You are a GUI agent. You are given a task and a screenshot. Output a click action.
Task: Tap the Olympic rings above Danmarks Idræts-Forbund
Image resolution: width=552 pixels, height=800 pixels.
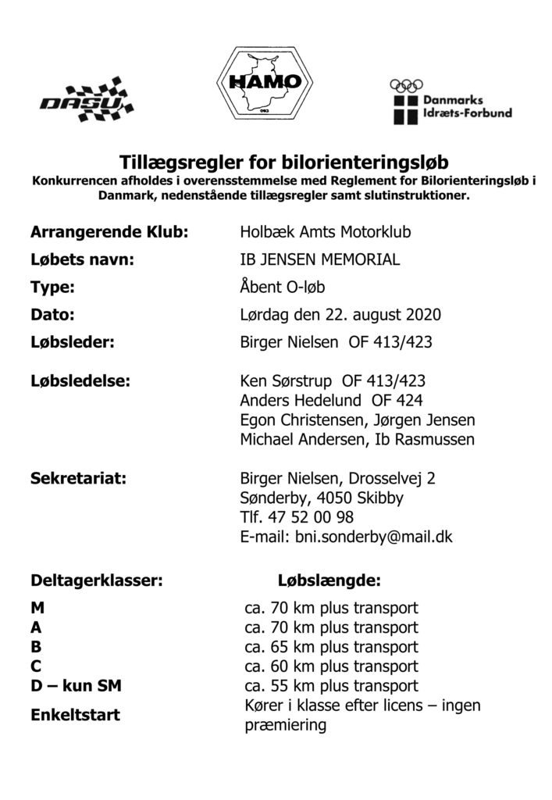(405, 86)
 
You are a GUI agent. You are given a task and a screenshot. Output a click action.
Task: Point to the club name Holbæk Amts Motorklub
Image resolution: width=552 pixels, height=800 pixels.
(325, 233)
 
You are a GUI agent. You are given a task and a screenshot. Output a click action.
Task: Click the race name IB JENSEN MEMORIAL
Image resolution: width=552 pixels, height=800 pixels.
(319, 260)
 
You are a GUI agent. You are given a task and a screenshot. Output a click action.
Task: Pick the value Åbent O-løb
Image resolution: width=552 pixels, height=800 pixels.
(282, 287)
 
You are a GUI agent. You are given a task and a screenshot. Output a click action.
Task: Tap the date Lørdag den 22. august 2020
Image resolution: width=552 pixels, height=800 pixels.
(340, 315)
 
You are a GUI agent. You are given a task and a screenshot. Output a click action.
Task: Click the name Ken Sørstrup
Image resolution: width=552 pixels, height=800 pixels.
(286, 382)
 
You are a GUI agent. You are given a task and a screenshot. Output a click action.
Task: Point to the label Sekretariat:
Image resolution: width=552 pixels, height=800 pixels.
(79, 478)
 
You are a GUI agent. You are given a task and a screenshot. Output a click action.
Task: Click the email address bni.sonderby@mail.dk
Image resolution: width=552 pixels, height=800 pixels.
(372, 537)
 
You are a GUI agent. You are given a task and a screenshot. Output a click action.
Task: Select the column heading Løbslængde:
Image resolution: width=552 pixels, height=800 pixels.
(329, 581)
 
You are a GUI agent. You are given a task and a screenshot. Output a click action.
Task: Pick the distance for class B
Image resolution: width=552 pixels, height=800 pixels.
(331, 647)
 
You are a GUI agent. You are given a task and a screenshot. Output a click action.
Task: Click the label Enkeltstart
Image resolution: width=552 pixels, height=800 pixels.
(75, 714)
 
